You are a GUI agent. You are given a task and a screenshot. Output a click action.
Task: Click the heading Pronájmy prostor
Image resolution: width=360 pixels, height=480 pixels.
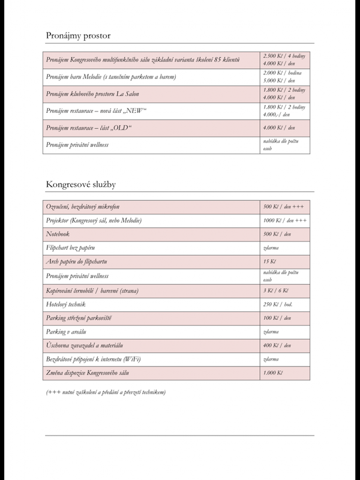[x=79, y=35]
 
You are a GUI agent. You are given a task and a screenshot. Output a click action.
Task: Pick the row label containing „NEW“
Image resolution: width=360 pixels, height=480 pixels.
[x=96, y=111]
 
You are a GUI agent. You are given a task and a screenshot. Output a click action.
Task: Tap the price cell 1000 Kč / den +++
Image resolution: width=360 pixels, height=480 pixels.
[x=285, y=221]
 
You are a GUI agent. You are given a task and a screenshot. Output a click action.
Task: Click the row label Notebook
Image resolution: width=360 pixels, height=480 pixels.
[x=58, y=234]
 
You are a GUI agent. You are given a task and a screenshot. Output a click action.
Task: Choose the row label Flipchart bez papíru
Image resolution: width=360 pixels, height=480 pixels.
[x=71, y=248]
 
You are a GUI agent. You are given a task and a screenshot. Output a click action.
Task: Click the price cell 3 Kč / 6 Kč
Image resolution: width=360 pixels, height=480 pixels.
[x=277, y=290]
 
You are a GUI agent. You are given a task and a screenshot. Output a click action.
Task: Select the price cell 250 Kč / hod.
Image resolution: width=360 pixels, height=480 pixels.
[x=277, y=304]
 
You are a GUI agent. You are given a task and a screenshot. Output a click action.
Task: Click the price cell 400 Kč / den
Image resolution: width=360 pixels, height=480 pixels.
[x=277, y=346]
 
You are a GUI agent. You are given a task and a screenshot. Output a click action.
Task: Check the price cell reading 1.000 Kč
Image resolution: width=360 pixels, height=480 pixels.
[x=272, y=373]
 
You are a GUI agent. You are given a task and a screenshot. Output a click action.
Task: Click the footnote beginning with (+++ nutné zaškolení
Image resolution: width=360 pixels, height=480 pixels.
[x=106, y=392]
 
